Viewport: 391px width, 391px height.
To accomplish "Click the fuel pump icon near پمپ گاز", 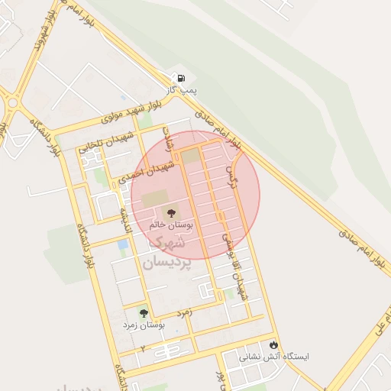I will coord(181,78).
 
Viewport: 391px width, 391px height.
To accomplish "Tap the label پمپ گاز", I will coord(183,91).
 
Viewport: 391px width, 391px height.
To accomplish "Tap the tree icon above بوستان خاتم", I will coord(171,213).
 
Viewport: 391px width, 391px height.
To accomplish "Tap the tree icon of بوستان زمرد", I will coord(143,312).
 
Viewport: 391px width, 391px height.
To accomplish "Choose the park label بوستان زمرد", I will coord(144,325).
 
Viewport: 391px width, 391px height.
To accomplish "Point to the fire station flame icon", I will coord(273,344).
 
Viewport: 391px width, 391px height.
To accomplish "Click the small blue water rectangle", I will coord(123,244).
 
